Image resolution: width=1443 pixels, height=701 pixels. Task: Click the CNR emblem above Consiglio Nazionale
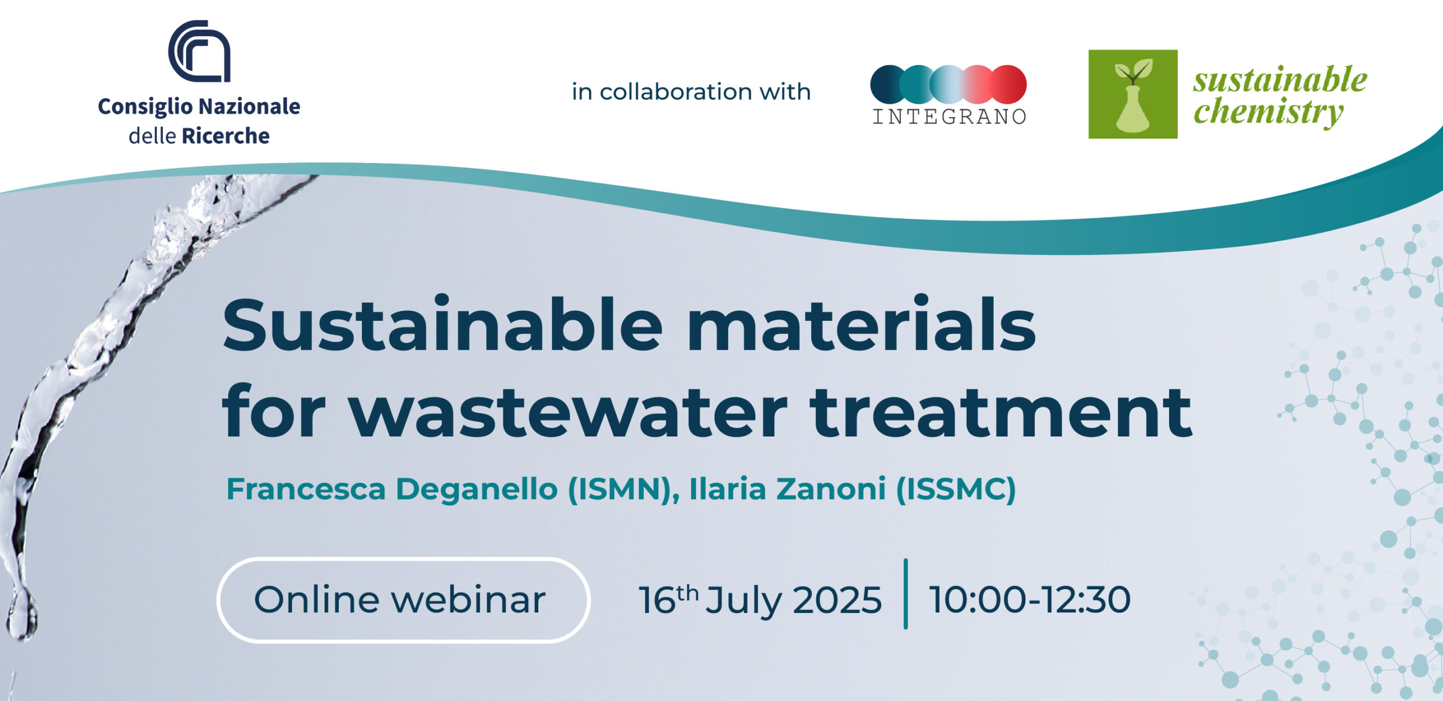tap(199, 51)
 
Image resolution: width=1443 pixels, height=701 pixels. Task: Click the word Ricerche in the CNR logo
tap(225, 136)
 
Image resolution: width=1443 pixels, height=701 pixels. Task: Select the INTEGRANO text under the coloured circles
tap(949, 116)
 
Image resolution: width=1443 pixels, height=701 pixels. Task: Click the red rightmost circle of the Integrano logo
tap(1009, 84)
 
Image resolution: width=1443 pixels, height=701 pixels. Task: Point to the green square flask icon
tap(1132, 94)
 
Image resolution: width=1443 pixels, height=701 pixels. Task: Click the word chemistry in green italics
tap(1269, 112)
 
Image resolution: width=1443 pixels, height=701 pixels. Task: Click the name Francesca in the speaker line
tap(306, 488)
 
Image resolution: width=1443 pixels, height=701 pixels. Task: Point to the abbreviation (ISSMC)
tap(956, 489)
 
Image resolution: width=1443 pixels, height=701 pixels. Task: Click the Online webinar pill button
tap(403, 599)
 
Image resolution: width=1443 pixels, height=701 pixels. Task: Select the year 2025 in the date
tap(837, 599)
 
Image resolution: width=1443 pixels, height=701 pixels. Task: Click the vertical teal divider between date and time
tap(905, 594)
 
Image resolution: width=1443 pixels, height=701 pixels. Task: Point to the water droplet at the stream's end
tap(21, 615)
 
